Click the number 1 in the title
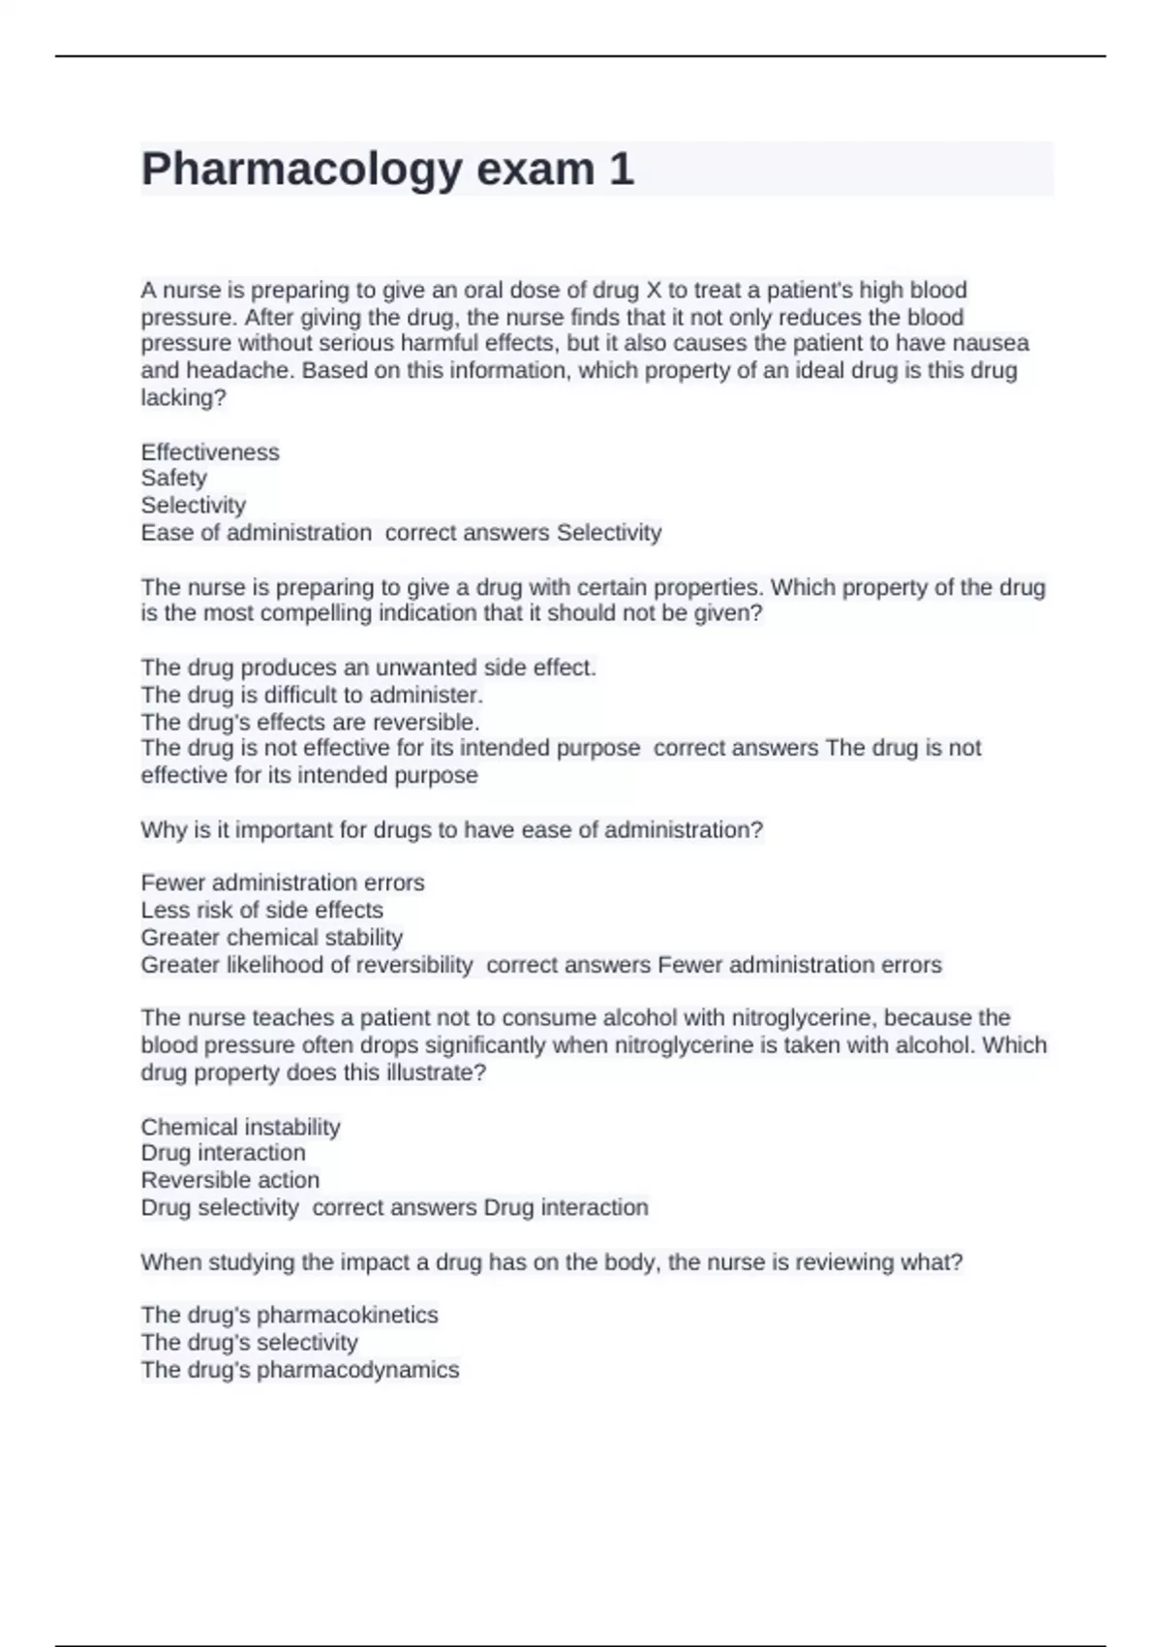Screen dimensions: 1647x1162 [x=621, y=170]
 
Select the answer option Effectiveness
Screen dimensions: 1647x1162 [x=210, y=452]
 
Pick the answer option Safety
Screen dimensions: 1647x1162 [x=174, y=479]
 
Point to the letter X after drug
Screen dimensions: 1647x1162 [x=652, y=291]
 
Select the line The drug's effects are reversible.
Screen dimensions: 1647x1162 [x=310, y=723]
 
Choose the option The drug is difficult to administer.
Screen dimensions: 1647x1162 [x=312, y=696]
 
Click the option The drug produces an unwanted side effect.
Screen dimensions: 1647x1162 [x=368, y=668]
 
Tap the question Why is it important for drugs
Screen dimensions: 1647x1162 [x=451, y=830]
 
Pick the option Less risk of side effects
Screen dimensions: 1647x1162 [x=261, y=911]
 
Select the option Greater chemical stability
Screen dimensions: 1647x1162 [x=271, y=938]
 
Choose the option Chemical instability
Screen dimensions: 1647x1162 [x=240, y=1128]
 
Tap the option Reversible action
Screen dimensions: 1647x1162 [x=229, y=1181]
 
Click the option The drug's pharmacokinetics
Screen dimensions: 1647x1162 [x=290, y=1316]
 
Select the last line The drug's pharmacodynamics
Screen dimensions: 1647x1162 [x=300, y=1370]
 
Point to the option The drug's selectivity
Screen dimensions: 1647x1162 [x=249, y=1343]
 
